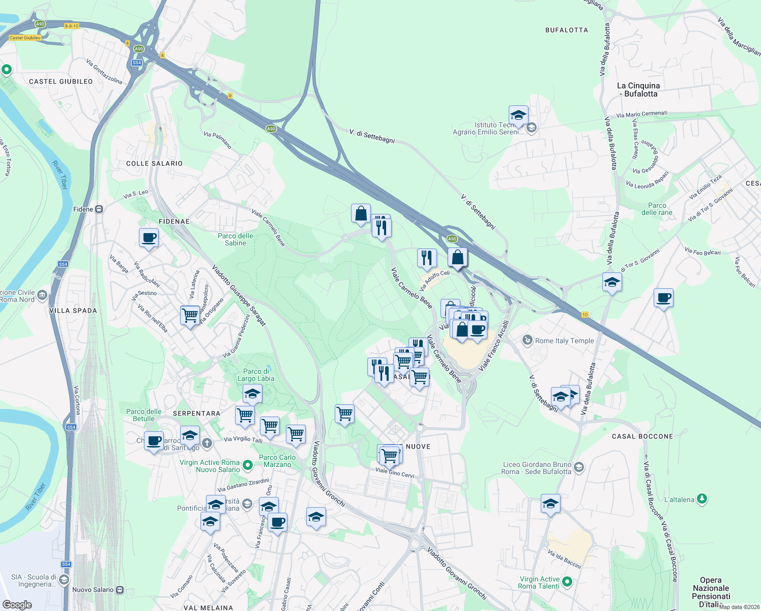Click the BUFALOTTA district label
pyautogui.click(x=566, y=30)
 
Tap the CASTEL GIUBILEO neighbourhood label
pyautogui.click(x=61, y=81)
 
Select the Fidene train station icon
pyautogui.click(x=99, y=209)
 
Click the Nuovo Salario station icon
pyautogui.click(x=120, y=590)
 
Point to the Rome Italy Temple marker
pyautogui.click(x=528, y=340)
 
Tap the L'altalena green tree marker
pyautogui.click(x=702, y=499)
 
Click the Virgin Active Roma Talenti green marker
pyautogui.click(x=568, y=581)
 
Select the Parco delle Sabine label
pyautogui.click(x=235, y=239)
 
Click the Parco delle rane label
pyautogui.click(x=657, y=209)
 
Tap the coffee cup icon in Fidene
pyautogui.click(x=149, y=238)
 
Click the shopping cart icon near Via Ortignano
pyautogui.click(x=190, y=315)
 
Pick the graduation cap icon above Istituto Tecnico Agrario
pyautogui.click(x=518, y=116)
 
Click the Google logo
pyautogui.click(x=17, y=605)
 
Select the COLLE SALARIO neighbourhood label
pyautogui.click(x=154, y=163)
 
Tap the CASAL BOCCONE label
pyautogui.click(x=642, y=436)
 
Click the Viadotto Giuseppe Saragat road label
pyautogui.click(x=239, y=295)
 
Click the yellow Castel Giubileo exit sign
pyautogui.click(x=25, y=38)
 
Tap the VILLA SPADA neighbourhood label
pyautogui.click(x=73, y=311)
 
